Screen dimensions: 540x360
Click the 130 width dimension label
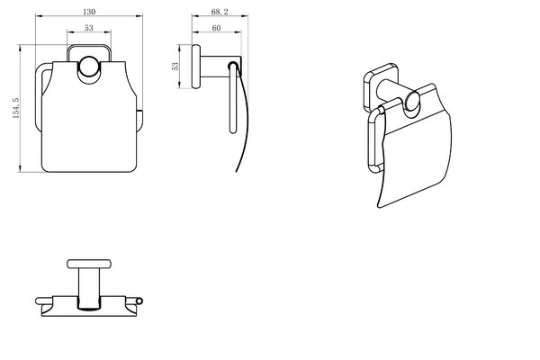click(89, 12)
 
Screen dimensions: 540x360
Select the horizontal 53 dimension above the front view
click(89, 28)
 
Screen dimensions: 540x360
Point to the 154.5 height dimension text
click(16, 108)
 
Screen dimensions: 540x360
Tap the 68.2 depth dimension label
click(220, 12)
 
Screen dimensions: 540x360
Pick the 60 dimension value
click(216, 28)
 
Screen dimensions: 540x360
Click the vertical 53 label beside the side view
click(175, 66)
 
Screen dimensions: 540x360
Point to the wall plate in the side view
click(195, 67)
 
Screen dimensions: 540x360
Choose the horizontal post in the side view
click(220, 66)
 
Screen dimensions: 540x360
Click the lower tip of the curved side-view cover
click(237, 170)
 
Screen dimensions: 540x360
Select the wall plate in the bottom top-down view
click(89, 264)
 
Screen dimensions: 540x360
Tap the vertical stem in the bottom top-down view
click(89, 289)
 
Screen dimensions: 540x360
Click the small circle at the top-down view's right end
click(139, 301)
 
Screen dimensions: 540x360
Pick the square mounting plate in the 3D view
click(381, 87)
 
